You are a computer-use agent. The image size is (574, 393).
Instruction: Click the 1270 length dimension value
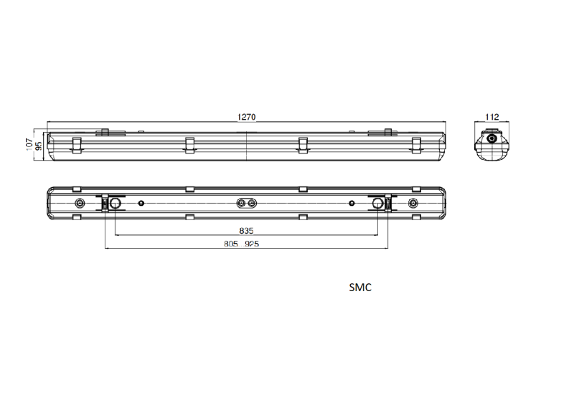click(x=246, y=117)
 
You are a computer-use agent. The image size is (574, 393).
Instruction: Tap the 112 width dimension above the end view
click(x=492, y=117)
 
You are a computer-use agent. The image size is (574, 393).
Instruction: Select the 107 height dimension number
click(x=29, y=144)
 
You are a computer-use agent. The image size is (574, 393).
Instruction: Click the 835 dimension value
click(x=246, y=231)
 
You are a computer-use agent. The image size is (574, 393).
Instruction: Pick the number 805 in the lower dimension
click(x=231, y=244)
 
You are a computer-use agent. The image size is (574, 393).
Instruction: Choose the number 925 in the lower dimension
click(x=252, y=244)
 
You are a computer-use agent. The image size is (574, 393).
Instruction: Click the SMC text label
click(x=360, y=288)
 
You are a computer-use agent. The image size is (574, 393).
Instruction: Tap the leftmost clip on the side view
click(x=76, y=146)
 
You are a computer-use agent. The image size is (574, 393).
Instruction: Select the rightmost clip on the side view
click(x=416, y=146)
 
